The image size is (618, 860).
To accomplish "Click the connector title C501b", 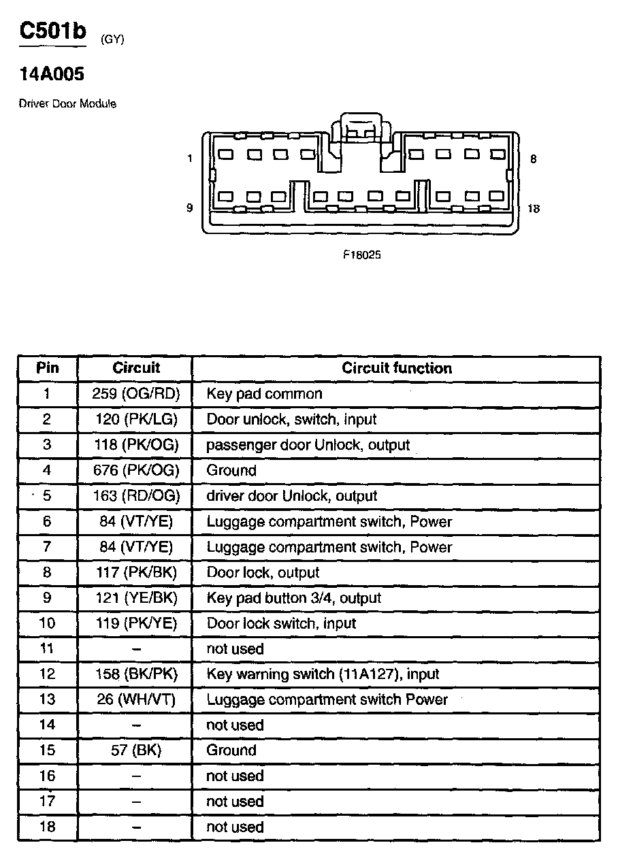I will click(x=52, y=33).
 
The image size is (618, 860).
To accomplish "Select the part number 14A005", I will click(x=52, y=73).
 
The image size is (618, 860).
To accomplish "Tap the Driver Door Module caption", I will click(x=67, y=104).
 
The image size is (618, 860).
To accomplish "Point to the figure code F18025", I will click(x=361, y=256).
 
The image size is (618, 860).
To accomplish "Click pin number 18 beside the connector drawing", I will click(x=534, y=209).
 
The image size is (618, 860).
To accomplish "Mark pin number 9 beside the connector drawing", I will click(x=189, y=208).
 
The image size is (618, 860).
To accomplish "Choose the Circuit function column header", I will click(x=396, y=368).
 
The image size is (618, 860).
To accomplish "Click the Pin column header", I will click(x=47, y=368).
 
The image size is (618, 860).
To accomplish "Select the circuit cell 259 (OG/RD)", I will click(x=135, y=394).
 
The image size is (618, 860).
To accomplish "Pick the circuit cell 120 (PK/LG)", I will click(x=135, y=419).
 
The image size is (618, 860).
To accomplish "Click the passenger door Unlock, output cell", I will click(x=308, y=445).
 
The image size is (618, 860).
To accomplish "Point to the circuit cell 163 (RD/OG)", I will click(x=135, y=496).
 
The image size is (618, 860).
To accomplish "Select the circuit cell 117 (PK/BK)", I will click(x=135, y=572).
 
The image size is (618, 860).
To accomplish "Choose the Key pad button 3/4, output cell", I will click(x=293, y=598).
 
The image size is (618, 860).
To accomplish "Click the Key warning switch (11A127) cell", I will click(x=323, y=674).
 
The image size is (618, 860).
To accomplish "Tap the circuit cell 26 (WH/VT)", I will click(x=135, y=699).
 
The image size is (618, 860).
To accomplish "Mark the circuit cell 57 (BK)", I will click(x=135, y=750).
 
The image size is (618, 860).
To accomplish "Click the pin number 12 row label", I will click(x=47, y=674).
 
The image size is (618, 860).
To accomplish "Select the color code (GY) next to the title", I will click(x=112, y=39).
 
